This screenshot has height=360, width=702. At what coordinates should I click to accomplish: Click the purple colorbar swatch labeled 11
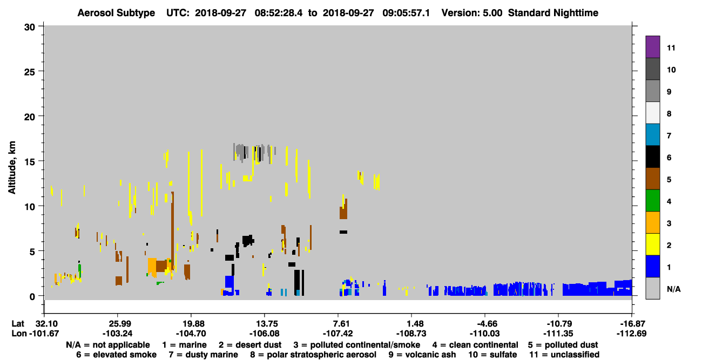pyautogui.click(x=652, y=47)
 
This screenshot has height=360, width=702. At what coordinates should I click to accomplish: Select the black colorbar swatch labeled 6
pyautogui.click(x=652, y=157)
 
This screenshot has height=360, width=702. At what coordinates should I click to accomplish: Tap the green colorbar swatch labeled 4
pyautogui.click(x=652, y=201)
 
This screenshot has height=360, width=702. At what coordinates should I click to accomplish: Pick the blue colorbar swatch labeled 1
pyautogui.click(x=652, y=266)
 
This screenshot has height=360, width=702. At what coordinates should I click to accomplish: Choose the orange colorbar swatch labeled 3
pyautogui.click(x=652, y=222)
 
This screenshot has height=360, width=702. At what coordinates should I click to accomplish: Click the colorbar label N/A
pyautogui.click(x=673, y=289)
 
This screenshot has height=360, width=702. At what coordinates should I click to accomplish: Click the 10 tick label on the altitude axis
pyautogui.click(x=30, y=207)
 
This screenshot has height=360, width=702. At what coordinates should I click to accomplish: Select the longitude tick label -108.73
pyautogui.click(x=411, y=333)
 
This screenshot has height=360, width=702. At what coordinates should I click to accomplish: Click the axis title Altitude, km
pyautogui.click(x=12, y=168)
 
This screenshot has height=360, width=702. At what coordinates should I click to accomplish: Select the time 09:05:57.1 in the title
pyautogui.click(x=406, y=13)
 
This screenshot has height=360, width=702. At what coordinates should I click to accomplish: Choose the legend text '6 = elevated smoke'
pyautogui.click(x=116, y=355)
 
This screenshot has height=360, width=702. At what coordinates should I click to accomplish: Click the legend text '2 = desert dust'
pyautogui.click(x=250, y=345)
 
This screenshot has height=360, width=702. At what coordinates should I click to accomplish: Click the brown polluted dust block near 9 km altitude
pyautogui.click(x=343, y=208)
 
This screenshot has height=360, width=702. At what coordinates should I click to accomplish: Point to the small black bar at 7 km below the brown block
pyautogui.click(x=343, y=232)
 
